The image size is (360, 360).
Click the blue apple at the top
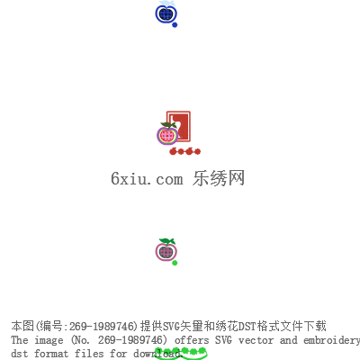[166, 13]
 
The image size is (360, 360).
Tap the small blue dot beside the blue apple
[175, 25]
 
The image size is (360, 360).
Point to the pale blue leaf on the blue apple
[166, 4]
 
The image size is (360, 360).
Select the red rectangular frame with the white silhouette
[179, 126]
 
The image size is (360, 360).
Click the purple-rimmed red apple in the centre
[167, 136]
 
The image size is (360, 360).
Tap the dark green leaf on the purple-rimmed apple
[168, 125]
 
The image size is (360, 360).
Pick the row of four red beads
[184, 151]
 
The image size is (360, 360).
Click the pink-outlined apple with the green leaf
[166, 251]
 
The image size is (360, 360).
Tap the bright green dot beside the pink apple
[175, 263]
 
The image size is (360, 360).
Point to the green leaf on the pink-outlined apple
[167, 241]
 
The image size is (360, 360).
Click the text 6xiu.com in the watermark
[147, 178]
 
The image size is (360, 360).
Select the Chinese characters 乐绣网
[219, 178]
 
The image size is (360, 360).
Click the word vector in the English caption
[256, 340]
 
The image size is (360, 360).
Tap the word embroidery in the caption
[331, 341]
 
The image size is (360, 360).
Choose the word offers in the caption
[192, 340]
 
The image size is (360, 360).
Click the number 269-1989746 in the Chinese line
[101, 326]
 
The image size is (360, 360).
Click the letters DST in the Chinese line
[247, 326]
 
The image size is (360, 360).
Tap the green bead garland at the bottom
[181, 353]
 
